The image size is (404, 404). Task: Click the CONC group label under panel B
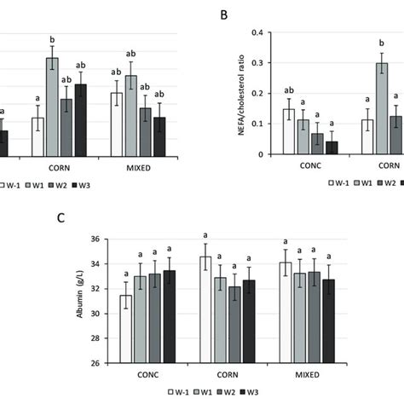pyautogui.click(x=310, y=165)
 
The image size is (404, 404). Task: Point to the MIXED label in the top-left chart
pyautogui.click(x=136, y=168)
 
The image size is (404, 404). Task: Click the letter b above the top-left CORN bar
pyautogui.click(x=52, y=40)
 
